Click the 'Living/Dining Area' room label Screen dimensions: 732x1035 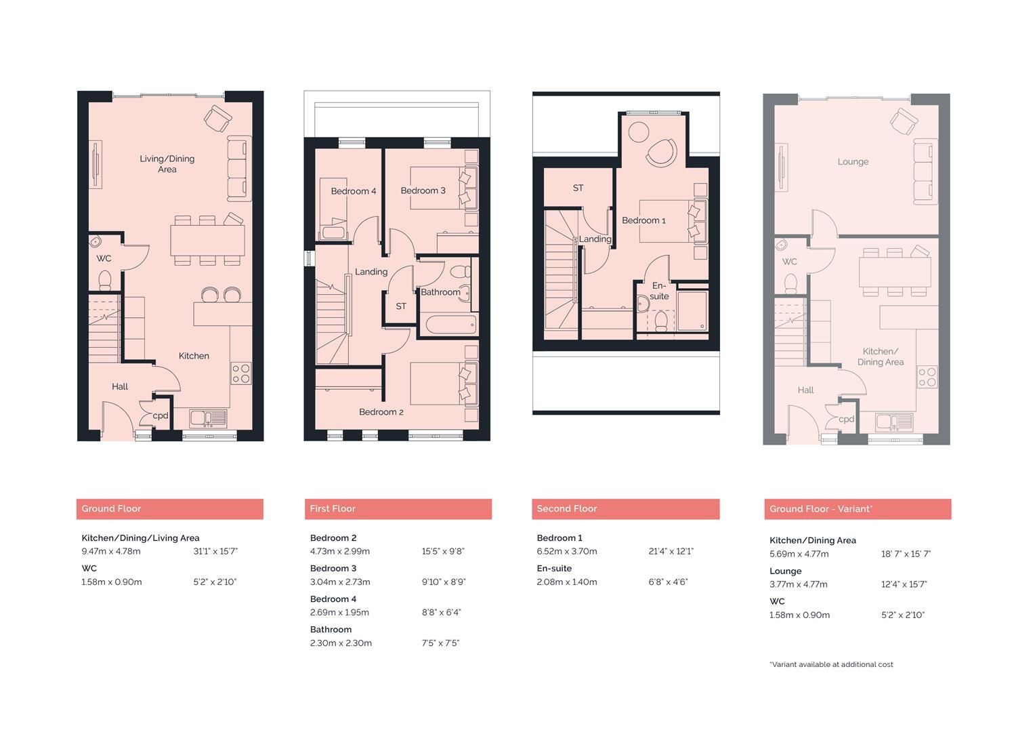click(167, 164)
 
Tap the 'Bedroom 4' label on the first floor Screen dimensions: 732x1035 click(353, 191)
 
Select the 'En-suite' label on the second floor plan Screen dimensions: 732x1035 click(659, 291)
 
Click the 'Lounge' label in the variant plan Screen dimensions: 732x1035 click(853, 162)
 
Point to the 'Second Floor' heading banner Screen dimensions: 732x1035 click(625, 509)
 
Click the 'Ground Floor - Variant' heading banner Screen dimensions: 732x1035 click(858, 509)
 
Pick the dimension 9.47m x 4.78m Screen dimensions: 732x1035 click(111, 552)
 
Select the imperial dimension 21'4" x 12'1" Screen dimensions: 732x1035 click(671, 552)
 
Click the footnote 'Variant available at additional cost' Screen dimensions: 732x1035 click(831, 665)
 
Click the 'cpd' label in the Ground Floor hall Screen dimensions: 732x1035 click(161, 416)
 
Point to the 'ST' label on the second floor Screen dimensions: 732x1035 click(578, 188)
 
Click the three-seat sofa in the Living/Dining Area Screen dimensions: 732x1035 click(238, 168)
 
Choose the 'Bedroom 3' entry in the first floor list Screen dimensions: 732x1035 click(333, 569)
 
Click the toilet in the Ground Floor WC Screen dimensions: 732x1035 click(105, 279)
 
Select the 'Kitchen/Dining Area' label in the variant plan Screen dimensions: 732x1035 click(880, 357)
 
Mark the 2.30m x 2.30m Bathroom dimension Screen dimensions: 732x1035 click(341, 643)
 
